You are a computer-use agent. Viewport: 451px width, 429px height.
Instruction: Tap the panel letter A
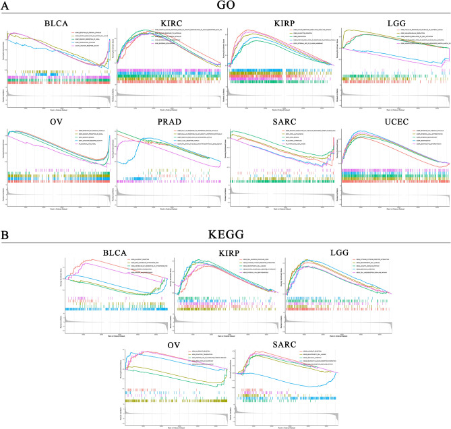5,6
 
